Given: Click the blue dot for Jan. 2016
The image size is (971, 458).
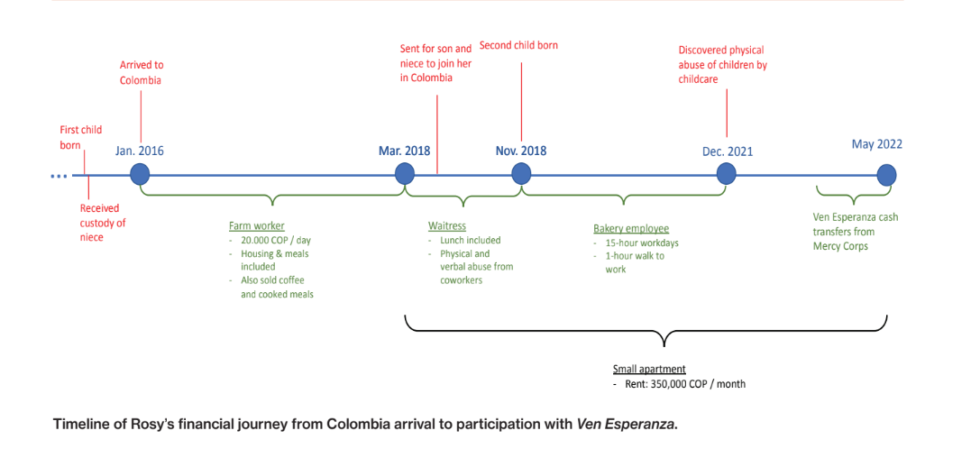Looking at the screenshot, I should (x=140, y=174).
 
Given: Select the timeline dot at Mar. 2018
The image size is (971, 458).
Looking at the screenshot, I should (x=405, y=174).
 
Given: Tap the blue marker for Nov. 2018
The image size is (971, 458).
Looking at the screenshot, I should (x=521, y=174).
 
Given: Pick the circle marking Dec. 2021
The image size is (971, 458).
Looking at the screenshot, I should (x=727, y=174).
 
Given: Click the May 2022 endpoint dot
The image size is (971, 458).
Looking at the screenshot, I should (x=886, y=174).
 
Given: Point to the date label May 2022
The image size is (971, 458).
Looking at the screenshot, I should (x=876, y=144).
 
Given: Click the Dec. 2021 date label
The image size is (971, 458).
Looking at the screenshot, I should (x=728, y=151).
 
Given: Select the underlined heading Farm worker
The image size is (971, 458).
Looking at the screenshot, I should (x=257, y=226).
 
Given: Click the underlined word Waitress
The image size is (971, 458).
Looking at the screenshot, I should (x=447, y=226).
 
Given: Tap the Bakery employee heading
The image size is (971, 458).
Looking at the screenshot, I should (x=631, y=229).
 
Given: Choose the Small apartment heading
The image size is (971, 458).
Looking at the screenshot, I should (x=649, y=370).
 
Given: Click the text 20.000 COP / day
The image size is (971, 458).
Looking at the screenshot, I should (x=275, y=241).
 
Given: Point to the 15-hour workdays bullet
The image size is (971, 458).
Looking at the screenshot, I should (x=642, y=243).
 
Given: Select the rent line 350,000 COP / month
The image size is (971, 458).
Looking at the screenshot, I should (x=685, y=384).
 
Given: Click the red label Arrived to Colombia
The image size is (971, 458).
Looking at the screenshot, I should (x=142, y=72).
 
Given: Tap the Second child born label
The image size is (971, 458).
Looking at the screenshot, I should (x=518, y=45).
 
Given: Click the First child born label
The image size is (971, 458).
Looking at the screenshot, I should (x=80, y=137).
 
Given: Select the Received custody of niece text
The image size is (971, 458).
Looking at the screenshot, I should (x=102, y=223).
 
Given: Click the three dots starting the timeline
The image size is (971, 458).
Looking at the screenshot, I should (x=59, y=176).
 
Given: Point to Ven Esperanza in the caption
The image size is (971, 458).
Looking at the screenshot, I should (x=627, y=424).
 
